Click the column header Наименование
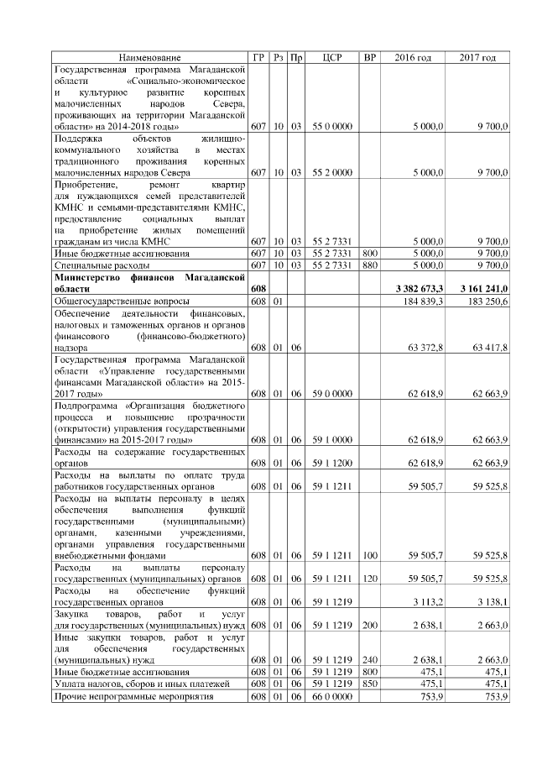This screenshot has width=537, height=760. [x=149, y=57]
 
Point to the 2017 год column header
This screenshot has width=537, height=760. [x=477, y=57]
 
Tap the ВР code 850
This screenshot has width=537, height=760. [x=368, y=684]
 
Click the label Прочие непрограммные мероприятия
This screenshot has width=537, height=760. [x=133, y=696]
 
